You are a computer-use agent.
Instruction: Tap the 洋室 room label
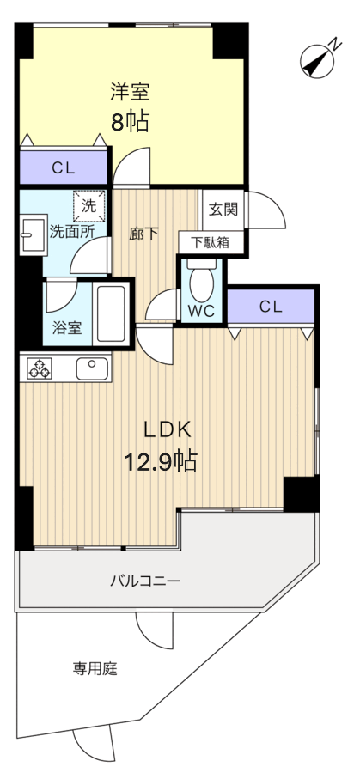(130, 92)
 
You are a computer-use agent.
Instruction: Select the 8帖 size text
(130, 121)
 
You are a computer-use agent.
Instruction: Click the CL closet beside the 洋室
(64, 168)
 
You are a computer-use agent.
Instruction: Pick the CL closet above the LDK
(271, 307)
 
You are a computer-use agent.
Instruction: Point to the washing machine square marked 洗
(89, 206)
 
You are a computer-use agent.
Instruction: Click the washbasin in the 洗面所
(33, 234)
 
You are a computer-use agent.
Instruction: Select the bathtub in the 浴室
(111, 313)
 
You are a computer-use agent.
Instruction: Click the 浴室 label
(67, 328)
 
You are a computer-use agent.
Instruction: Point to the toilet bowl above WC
(202, 283)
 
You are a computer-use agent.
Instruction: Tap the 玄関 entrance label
(223, 209)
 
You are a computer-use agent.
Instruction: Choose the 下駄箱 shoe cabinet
(211, 242)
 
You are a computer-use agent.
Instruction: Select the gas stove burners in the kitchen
(40, 368)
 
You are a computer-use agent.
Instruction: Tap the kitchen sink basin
(92, 368)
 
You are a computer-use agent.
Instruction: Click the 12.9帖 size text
(161, 462)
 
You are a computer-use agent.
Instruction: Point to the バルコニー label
(145, 581)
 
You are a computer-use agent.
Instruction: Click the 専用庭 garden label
(95, 669)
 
